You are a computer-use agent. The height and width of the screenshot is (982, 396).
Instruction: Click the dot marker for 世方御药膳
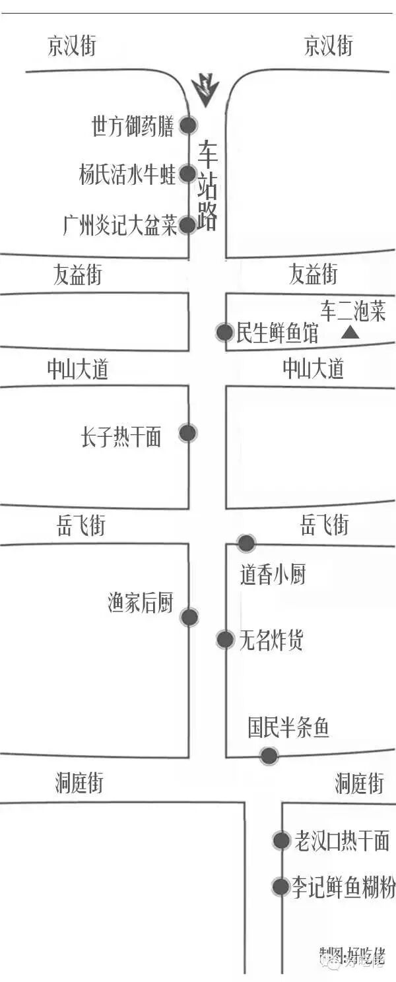coord(189,125)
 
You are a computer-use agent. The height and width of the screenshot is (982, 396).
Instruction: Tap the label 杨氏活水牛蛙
coord(127,176)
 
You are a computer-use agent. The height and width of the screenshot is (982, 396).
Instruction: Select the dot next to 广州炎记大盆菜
coord(188,225)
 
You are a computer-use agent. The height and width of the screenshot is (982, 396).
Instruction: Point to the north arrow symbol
coord(205,90)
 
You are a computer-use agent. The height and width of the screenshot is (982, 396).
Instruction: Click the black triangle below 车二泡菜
coord(350,333)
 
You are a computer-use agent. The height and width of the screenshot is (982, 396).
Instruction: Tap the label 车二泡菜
coord(352,311)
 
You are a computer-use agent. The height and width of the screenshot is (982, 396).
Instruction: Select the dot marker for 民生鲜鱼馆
coord(224,333)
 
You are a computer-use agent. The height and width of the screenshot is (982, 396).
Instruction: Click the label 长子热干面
coord(121,437)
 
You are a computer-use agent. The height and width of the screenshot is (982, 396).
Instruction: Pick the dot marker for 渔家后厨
coord(189,617)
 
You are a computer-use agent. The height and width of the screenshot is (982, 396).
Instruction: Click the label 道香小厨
coord(273,575)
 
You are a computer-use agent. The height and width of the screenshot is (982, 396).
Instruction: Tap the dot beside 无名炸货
coord(225,639)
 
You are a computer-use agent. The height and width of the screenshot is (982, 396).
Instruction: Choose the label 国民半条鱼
coord(288,728)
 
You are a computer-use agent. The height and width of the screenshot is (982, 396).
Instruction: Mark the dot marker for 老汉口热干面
coord(282,840)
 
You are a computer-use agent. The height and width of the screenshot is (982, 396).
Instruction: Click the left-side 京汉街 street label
coord(71,46)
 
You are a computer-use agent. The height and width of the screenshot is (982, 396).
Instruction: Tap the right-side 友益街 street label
coord(313,274)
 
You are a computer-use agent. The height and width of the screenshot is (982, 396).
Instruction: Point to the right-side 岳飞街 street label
coord(324,525)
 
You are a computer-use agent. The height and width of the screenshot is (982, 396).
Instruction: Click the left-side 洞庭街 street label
coord(79,783)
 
